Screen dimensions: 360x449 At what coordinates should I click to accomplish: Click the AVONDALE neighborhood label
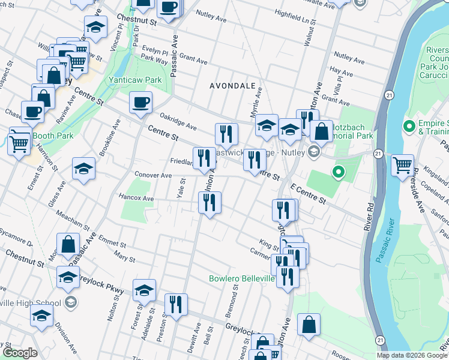(232, 86)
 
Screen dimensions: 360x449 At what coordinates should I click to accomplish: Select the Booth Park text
(53, 136)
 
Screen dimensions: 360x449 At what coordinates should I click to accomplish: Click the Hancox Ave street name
(137, 197)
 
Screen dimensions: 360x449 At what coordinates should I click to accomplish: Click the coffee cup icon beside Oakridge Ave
(140, 102)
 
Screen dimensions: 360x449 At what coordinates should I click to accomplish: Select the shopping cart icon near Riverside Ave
(402, 164)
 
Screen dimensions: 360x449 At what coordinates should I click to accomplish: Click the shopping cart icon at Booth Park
(19, 142)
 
